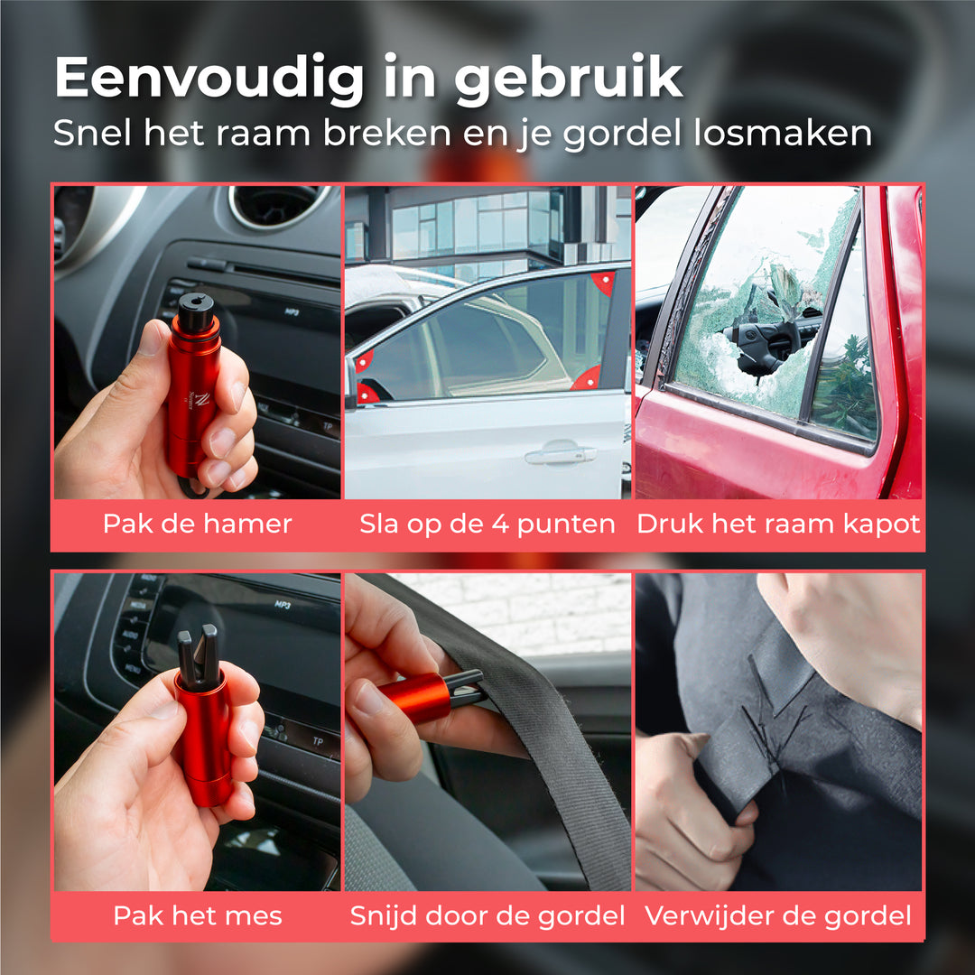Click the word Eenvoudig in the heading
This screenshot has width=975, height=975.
[x=210, y=77]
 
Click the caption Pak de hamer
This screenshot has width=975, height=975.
[x=197, y=525]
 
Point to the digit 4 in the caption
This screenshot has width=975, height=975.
[x=500, y=525]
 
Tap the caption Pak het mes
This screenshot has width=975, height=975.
[x=198, y=916]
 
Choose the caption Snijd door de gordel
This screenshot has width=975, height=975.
[x=487, y=916]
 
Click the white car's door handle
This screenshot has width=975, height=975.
[x=560, y=454]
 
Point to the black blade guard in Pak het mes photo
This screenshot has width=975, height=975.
[x=198, y=656]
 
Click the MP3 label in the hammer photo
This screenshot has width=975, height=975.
[x=292, y=311]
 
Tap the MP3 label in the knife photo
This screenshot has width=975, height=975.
[x=283, y=604]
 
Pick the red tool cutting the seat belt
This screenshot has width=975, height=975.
[x=429, y=695]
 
